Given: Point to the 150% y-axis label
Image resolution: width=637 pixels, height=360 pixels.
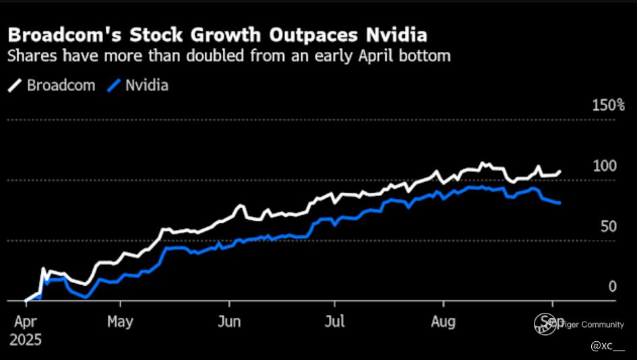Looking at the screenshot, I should [608, 105].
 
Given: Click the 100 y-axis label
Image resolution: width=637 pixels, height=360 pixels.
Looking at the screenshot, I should [605, 166].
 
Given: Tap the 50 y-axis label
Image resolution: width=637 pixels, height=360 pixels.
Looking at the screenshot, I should [608, 227].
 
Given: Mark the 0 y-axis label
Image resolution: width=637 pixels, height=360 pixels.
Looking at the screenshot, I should [612, 287].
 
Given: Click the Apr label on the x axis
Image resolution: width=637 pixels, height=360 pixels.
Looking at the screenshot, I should [26, 321].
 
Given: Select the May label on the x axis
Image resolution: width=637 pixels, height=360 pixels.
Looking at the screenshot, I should [120, 321].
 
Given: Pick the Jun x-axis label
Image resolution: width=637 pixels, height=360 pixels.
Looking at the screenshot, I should [229, 321].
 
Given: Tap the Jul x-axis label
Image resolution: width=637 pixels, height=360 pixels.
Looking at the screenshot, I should [334, 321].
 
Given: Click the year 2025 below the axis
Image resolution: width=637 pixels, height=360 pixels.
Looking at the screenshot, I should [25, 339].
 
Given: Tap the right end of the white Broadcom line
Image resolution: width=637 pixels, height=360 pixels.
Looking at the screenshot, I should [559, 172].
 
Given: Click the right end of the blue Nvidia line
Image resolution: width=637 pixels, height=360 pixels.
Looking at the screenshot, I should [560, 203].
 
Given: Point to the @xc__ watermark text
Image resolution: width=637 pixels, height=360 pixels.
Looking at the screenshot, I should [607, 346].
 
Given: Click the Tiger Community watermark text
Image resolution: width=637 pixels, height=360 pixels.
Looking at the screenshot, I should [580, 324].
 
